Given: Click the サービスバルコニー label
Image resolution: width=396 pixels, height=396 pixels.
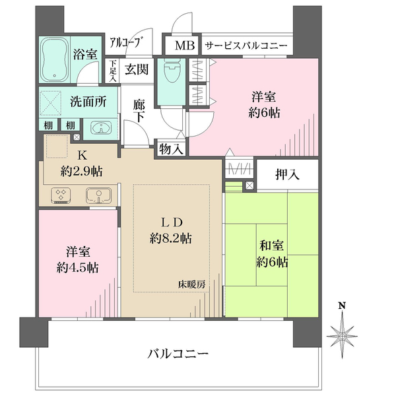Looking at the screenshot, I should point(246,46).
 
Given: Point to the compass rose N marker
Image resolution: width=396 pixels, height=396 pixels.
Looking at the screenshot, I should point(342,306).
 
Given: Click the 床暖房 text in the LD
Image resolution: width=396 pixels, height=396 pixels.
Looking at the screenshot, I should point(191,284).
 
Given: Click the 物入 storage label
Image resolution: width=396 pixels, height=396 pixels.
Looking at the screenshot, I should point(170,149).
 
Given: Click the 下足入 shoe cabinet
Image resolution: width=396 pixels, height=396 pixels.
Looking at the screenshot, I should point(113,71).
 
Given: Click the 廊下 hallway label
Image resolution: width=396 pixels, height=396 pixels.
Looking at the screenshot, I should point(139,110).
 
